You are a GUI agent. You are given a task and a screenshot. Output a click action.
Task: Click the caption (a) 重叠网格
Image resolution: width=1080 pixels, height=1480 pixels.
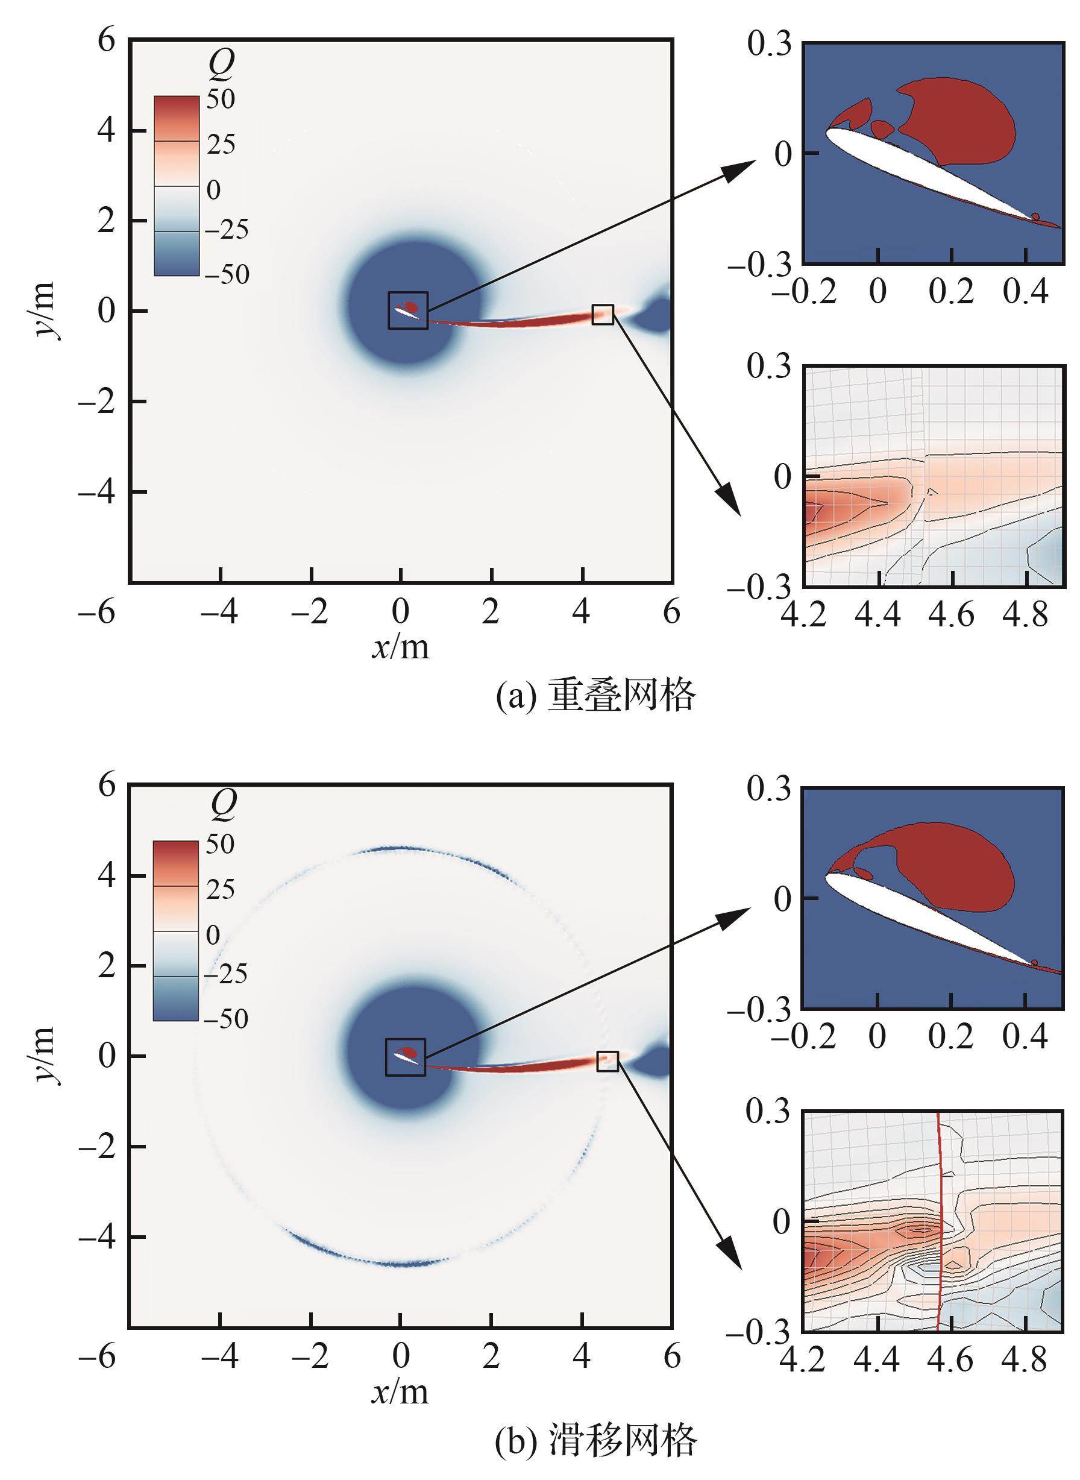tap(595, 695)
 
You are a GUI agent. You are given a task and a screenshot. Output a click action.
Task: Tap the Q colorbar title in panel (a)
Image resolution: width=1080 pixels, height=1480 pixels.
tap(221, 63)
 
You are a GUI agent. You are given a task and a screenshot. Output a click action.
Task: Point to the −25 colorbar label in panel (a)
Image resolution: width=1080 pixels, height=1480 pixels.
tap(226, 229)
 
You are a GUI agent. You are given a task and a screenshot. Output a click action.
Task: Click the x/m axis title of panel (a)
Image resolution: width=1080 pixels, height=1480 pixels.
tap(401, 647)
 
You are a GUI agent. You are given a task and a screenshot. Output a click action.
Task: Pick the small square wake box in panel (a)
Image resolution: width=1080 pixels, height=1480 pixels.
tap(603, 315)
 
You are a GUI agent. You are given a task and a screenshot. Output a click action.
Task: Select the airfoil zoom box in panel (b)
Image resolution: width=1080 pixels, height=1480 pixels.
tap(406, 1057)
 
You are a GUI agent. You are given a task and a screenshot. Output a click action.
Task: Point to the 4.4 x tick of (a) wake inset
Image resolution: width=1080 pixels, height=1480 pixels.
tap(878, 616)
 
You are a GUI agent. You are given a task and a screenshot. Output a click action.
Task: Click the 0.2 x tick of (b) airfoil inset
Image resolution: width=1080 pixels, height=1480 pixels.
tap(951, 1035)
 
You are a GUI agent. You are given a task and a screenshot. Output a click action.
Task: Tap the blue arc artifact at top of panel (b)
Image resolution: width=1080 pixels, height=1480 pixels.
tap(399, 848)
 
